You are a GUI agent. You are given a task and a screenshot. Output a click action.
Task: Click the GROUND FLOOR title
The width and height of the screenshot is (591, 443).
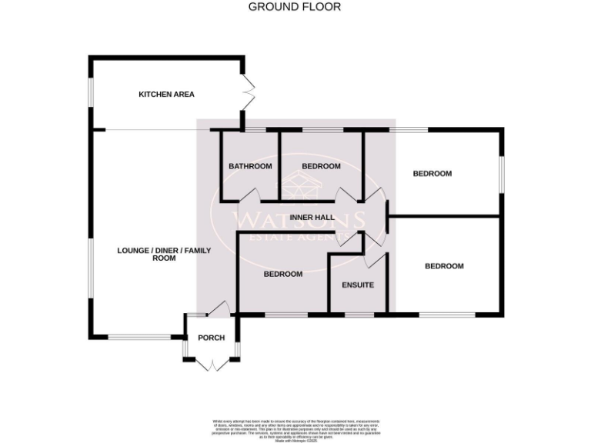295,7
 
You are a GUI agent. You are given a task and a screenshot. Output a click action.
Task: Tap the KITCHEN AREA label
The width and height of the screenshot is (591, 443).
166,95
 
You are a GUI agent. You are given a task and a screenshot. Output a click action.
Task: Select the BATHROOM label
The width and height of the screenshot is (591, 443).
250,166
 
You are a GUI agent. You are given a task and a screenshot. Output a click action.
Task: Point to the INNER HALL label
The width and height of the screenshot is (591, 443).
312,218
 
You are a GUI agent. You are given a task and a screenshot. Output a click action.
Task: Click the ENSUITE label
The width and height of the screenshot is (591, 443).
358,285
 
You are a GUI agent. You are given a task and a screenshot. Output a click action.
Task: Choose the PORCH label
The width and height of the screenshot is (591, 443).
211,338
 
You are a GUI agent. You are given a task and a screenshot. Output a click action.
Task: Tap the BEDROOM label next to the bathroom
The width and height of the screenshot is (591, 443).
321,166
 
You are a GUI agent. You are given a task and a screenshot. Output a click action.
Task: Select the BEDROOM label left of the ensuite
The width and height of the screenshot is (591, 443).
283,274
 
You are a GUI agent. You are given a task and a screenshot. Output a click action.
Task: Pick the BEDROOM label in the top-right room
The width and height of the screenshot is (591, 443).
432,174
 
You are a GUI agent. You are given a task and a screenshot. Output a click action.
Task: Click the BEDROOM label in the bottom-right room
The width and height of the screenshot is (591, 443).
445,266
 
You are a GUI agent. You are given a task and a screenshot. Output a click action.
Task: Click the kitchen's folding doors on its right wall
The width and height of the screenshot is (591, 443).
248,93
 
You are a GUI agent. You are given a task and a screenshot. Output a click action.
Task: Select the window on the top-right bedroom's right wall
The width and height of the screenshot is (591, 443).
503,174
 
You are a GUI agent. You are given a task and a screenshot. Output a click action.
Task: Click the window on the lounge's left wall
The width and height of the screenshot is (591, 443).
90,265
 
